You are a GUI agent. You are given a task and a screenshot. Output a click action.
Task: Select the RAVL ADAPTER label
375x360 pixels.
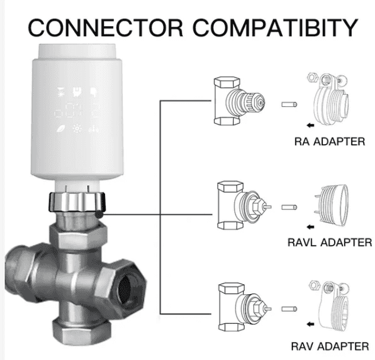coord(329,242)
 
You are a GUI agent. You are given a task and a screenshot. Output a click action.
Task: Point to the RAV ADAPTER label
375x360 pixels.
coord(329,346)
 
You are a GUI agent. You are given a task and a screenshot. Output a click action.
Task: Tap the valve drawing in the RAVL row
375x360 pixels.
coord(237,208)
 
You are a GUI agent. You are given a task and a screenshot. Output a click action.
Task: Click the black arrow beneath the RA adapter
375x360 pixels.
coord(309,126)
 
